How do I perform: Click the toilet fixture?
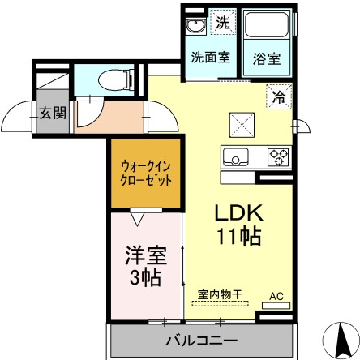116,80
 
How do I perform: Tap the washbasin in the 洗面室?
196,26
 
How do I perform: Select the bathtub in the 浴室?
267,24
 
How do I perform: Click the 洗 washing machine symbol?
223,22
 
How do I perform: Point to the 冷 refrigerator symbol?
279,96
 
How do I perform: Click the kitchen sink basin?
235,156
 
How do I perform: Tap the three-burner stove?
278,157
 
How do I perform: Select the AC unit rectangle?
276,306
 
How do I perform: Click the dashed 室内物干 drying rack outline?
220,303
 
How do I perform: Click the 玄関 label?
53,113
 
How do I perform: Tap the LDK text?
239,213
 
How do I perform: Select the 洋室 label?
146,255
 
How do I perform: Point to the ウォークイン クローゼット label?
146,174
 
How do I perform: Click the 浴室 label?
267,58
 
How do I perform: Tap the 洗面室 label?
211,57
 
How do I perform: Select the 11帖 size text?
239,237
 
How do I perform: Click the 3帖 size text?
145,277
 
